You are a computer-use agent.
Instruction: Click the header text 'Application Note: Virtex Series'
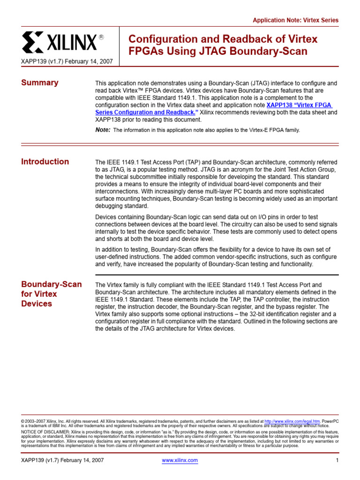point(295,20)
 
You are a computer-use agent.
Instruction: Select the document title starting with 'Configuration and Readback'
point(223,45)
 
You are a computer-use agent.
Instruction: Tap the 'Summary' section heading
point(40,83)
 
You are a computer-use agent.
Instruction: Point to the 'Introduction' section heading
point(45,162)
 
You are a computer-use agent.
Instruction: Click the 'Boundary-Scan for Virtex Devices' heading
point(52,294)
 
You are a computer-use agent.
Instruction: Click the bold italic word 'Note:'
point(103,130)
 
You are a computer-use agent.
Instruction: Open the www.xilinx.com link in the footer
point(180,460)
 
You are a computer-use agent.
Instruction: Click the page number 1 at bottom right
point(337,460)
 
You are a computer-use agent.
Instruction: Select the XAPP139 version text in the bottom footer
point(63,460)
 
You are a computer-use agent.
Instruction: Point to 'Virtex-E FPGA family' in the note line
point(271,130)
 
